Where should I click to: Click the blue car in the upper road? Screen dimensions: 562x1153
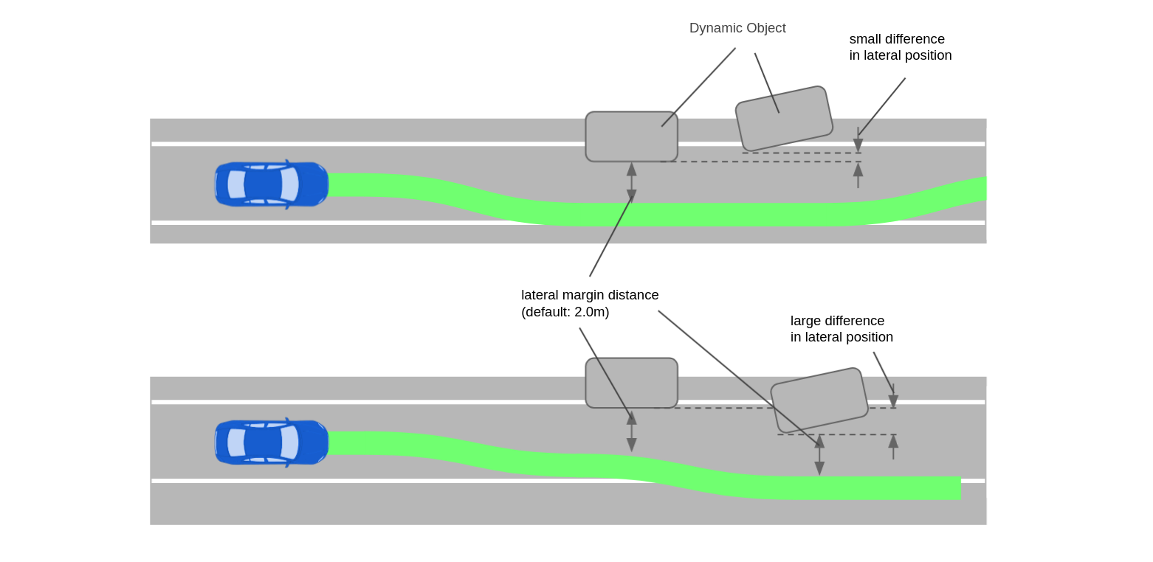(x=272, y=184)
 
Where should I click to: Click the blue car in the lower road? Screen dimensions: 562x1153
(x=272, y=443)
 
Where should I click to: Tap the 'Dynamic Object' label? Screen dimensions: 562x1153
(x=737, y=28)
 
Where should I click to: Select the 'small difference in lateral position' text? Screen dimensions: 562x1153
(x=900, y=47)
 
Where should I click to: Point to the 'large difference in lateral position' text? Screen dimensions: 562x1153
(x=841, y=329)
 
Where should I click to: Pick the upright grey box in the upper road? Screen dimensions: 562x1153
(x=631, y=136)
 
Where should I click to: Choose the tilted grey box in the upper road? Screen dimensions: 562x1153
(x=784, y=119)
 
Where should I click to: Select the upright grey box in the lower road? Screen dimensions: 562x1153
(x=631, y=383)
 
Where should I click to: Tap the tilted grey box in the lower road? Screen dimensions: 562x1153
(x=819, y=400)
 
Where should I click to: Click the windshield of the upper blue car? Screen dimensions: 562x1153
(x=289, y=184)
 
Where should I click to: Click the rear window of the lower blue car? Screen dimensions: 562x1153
(x=236, y=443)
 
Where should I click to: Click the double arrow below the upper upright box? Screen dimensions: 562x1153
(x=632, y=182)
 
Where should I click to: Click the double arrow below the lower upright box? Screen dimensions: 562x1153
(x=632, y=431)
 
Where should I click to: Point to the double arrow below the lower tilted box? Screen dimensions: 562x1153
(x=819, y=455)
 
